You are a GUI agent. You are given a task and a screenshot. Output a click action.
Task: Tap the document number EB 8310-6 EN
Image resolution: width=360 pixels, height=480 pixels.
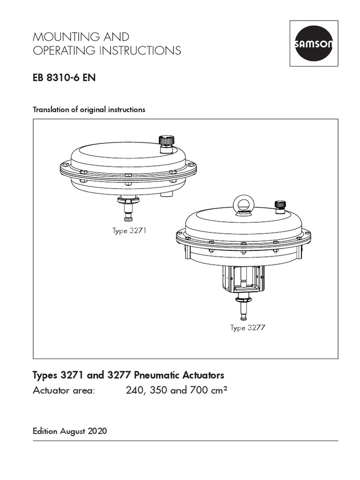pyautogui.click(x=64, y=78)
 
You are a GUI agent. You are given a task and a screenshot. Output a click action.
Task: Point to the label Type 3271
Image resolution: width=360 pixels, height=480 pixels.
pyautogui.click(x=129, y=231)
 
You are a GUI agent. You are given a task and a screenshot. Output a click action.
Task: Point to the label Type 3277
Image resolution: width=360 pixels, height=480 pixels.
pyautogui.click(x=248, y=328)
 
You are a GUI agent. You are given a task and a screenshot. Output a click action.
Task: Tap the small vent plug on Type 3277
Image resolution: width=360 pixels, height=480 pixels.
pyautogui.click(x=280, y=206)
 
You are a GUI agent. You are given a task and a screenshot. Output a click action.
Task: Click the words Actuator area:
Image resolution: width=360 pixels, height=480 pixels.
pyautogui.click(x=64, y=390)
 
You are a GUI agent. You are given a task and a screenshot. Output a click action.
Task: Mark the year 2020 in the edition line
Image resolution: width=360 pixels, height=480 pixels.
pyautogui.click(x=97, y=431)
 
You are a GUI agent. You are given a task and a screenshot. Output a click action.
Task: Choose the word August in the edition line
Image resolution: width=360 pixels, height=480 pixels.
pyautogui.click(x=73, y=431)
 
